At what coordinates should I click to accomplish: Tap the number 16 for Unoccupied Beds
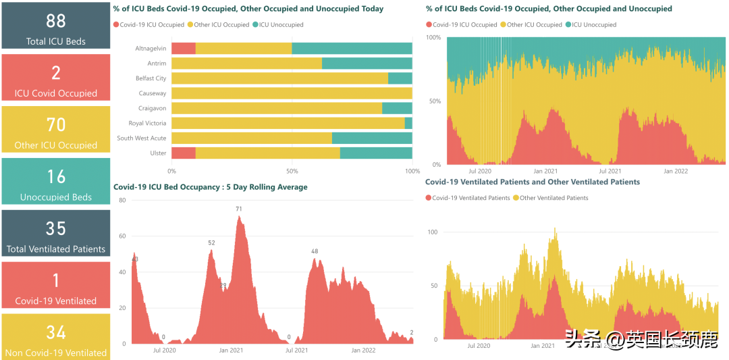point(56,177)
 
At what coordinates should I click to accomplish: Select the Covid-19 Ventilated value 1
point(56,280)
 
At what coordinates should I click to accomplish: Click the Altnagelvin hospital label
point(151,49)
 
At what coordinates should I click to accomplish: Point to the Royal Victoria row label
point(148,123)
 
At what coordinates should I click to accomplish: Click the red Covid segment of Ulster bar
point(184,153)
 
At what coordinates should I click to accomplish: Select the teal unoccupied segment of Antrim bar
point(367,63)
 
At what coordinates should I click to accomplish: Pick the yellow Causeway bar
point(292,93)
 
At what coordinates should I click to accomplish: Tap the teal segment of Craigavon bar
point(397,108)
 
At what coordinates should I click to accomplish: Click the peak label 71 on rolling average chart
point(239,209)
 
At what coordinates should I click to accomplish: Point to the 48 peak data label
point(315,251)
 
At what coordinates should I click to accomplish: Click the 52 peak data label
point(211,243)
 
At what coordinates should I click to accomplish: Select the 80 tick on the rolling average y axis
point(122,201)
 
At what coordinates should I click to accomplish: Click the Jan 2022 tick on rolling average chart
point(363,351)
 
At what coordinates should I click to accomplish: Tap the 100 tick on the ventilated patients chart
point(433,232)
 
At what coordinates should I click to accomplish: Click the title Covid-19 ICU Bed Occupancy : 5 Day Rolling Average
point(211,187)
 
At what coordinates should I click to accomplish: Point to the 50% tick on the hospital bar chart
point(292,172)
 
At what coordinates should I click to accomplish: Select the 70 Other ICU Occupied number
point(56,125)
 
